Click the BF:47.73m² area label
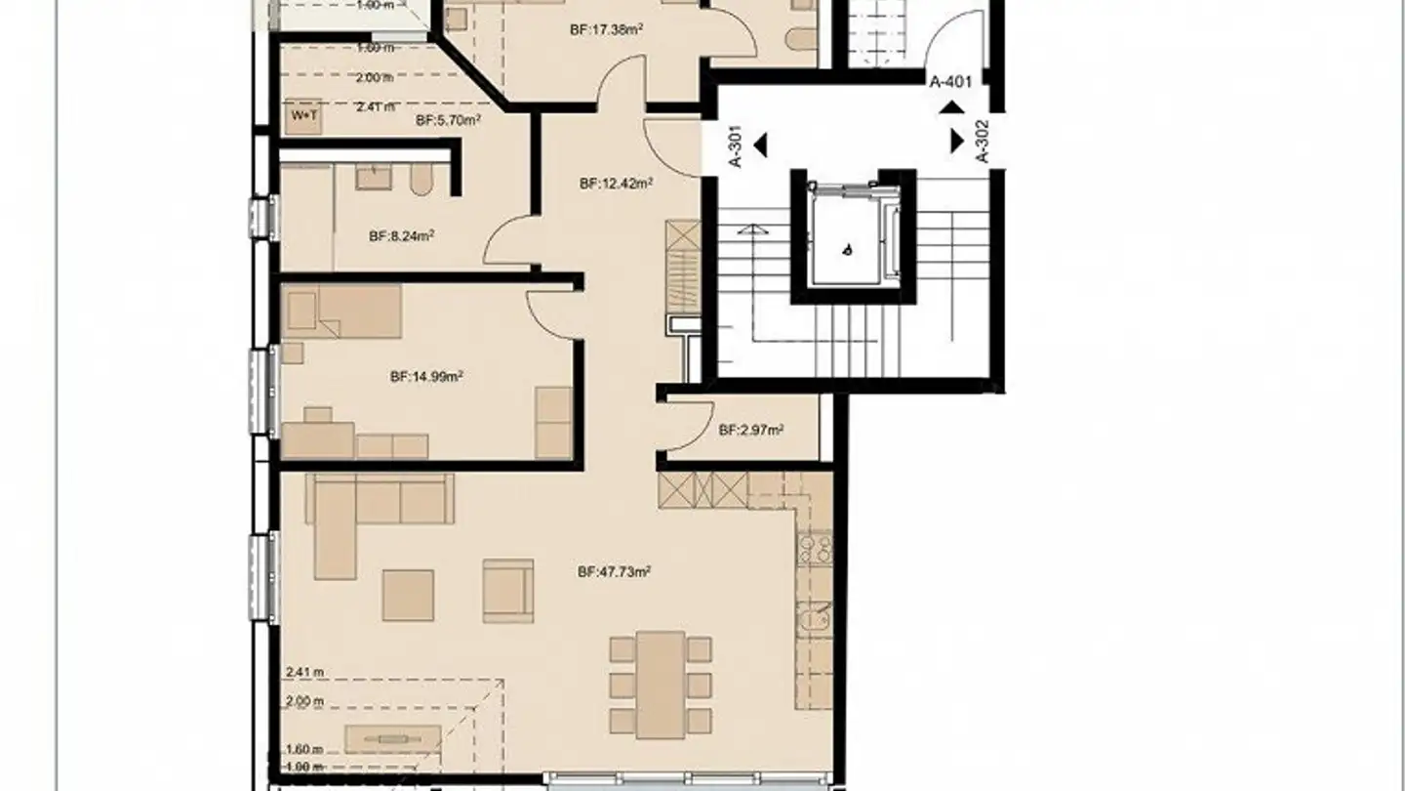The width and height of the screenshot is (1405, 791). pyautogui.click(x=614, y=573)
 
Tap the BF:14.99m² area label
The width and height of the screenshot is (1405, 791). pyautogui.click(x=425, y=376)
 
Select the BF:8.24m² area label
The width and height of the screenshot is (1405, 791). pyautogui.click(x=401, y=235)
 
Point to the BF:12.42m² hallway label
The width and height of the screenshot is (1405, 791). pyautogui.click(x=615, y=183)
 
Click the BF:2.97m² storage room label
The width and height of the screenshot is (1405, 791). pyautogui.click(x=752, y=430)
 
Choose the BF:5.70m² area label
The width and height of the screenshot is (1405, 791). pyautogui.click(x=448, y=121)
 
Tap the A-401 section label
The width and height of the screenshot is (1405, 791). pyautogui.click(x=950, y=82)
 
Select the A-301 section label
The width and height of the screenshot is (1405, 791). pyautogui.click(x=738, y=146)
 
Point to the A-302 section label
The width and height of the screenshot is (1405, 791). pyautogui.click(x=982, y=141)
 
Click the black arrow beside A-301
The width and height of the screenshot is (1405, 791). pyautogui.click(x=761, y=146)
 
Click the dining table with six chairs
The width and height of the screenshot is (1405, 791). pyautogui.click(x=661, y=683)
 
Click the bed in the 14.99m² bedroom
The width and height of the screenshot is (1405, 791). pyautogui.click(x=341, y=311)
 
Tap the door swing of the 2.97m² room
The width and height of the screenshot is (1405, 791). pyautogui.click(x=683, y=430)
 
